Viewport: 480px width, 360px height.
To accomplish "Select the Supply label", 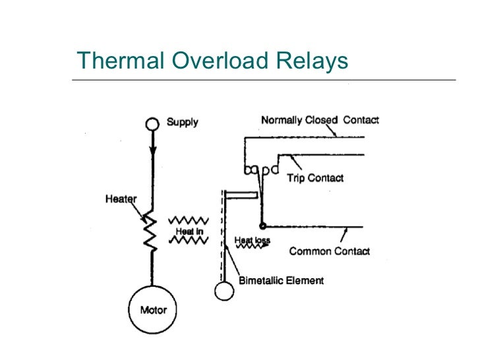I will click(x=182, y=123).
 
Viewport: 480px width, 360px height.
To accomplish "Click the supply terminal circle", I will click(x=152, y=123).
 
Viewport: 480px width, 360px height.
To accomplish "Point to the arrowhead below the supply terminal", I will click(x=152, y=150).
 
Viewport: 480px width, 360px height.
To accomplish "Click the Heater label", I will click(x=121, y=199).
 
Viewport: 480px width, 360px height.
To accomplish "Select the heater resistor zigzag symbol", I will click(x=151, y=231).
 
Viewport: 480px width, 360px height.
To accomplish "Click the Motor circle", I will click(x=152, y=310).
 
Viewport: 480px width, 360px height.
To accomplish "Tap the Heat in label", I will click(x=188, y=231).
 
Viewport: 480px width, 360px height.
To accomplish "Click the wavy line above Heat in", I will click(x=189, y=220).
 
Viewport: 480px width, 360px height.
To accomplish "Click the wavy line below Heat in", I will click(x=189, y=242).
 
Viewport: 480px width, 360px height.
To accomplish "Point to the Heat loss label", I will click(x=252, y=241).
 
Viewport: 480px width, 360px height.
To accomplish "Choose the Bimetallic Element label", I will click(x=281, y=280).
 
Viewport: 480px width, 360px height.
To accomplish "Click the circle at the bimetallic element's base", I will click(x=224, y=291).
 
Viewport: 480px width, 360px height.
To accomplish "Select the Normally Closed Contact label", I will click(x=320, y=121).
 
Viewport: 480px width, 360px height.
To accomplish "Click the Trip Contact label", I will click(x=315, y=178).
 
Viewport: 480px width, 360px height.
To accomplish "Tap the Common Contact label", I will click(x=329, y=251).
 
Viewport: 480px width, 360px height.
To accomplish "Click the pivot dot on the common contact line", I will click(x=262, y=225).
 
